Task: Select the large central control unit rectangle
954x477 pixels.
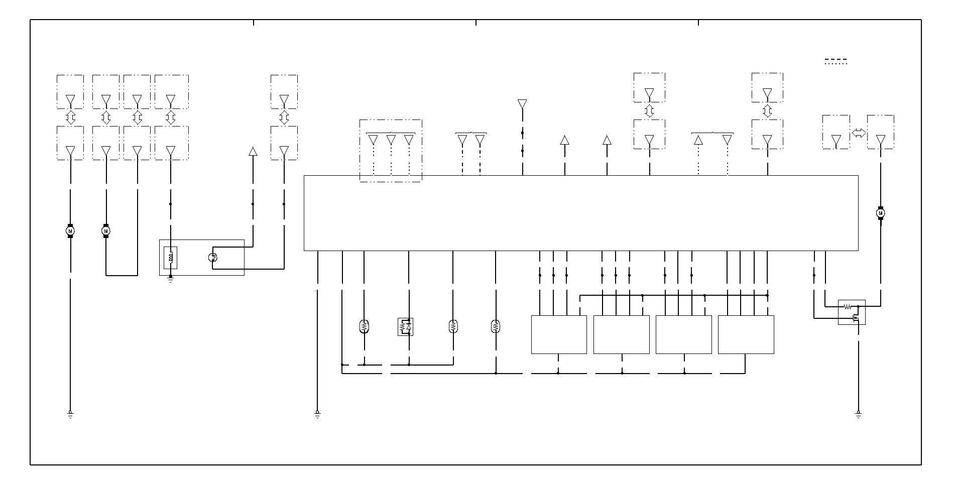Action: click(581, 213)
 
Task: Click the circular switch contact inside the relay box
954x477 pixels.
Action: click(212, 258)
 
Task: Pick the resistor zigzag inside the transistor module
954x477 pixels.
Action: click(848, 306)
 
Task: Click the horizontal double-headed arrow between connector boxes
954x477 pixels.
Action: click(859, 134)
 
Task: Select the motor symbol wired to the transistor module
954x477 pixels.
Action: click(880, 213)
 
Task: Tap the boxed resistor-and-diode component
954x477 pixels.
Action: click(405, 327)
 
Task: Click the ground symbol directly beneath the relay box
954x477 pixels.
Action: click(171, 279)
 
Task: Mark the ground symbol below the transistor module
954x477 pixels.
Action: click(859, 414)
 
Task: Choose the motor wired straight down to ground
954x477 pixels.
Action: click(70, 231)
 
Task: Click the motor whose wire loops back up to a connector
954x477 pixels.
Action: click(106, 231)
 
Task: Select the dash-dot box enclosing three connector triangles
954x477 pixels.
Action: click(391, 150)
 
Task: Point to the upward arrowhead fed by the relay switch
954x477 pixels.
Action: click(253, 151)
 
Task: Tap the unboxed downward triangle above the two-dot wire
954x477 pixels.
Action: click(522, 104)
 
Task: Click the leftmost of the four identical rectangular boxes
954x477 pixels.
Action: click(559, 334)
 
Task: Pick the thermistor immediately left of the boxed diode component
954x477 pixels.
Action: click(364, 327)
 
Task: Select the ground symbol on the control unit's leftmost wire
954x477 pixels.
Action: click(317, 414)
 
